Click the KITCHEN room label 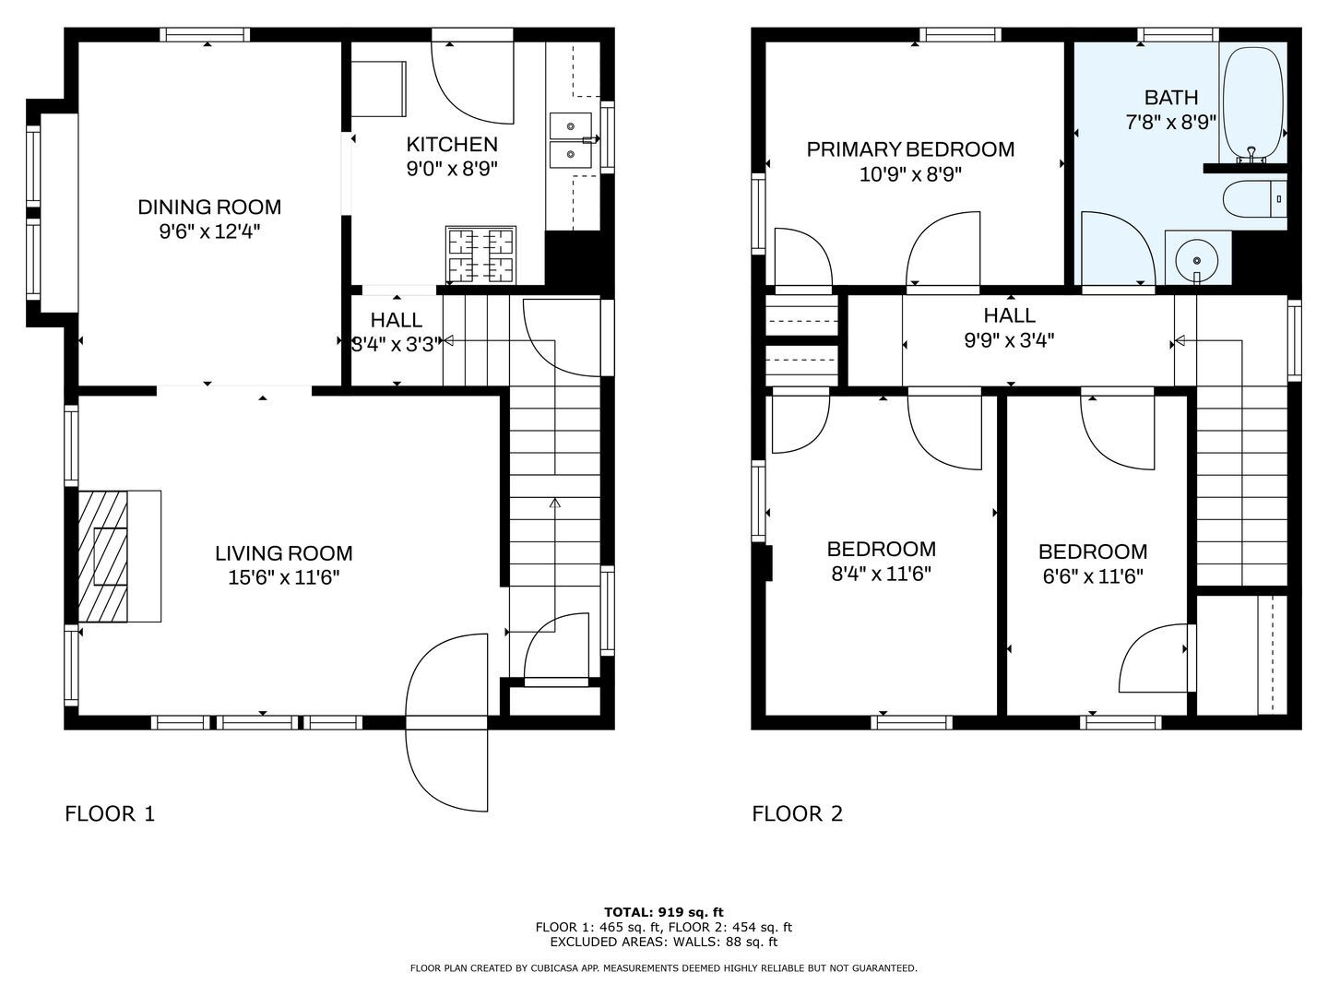[x=452, y=145]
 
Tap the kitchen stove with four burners [x=481, y=255]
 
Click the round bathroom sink [x=1197, y=261]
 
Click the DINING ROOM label [x=210, y=207]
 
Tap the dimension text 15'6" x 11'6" [x=284, y=578]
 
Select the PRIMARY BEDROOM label [x=910, y=149]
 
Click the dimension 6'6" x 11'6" [x=1093, y=577]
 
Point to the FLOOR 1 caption [x=110, y=814]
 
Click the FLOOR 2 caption [x=798, y=814]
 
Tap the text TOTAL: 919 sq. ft [x=664, y=912]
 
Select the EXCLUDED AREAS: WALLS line [x=664, y=942]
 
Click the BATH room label [x=1171, y=98]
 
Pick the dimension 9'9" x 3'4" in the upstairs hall [x=1009, y=340]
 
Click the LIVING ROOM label [x=284, y=553]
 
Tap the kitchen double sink [x=571, y=141]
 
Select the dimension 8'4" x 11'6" [x=881, y=574]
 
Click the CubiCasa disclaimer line [x=664, y=968]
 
